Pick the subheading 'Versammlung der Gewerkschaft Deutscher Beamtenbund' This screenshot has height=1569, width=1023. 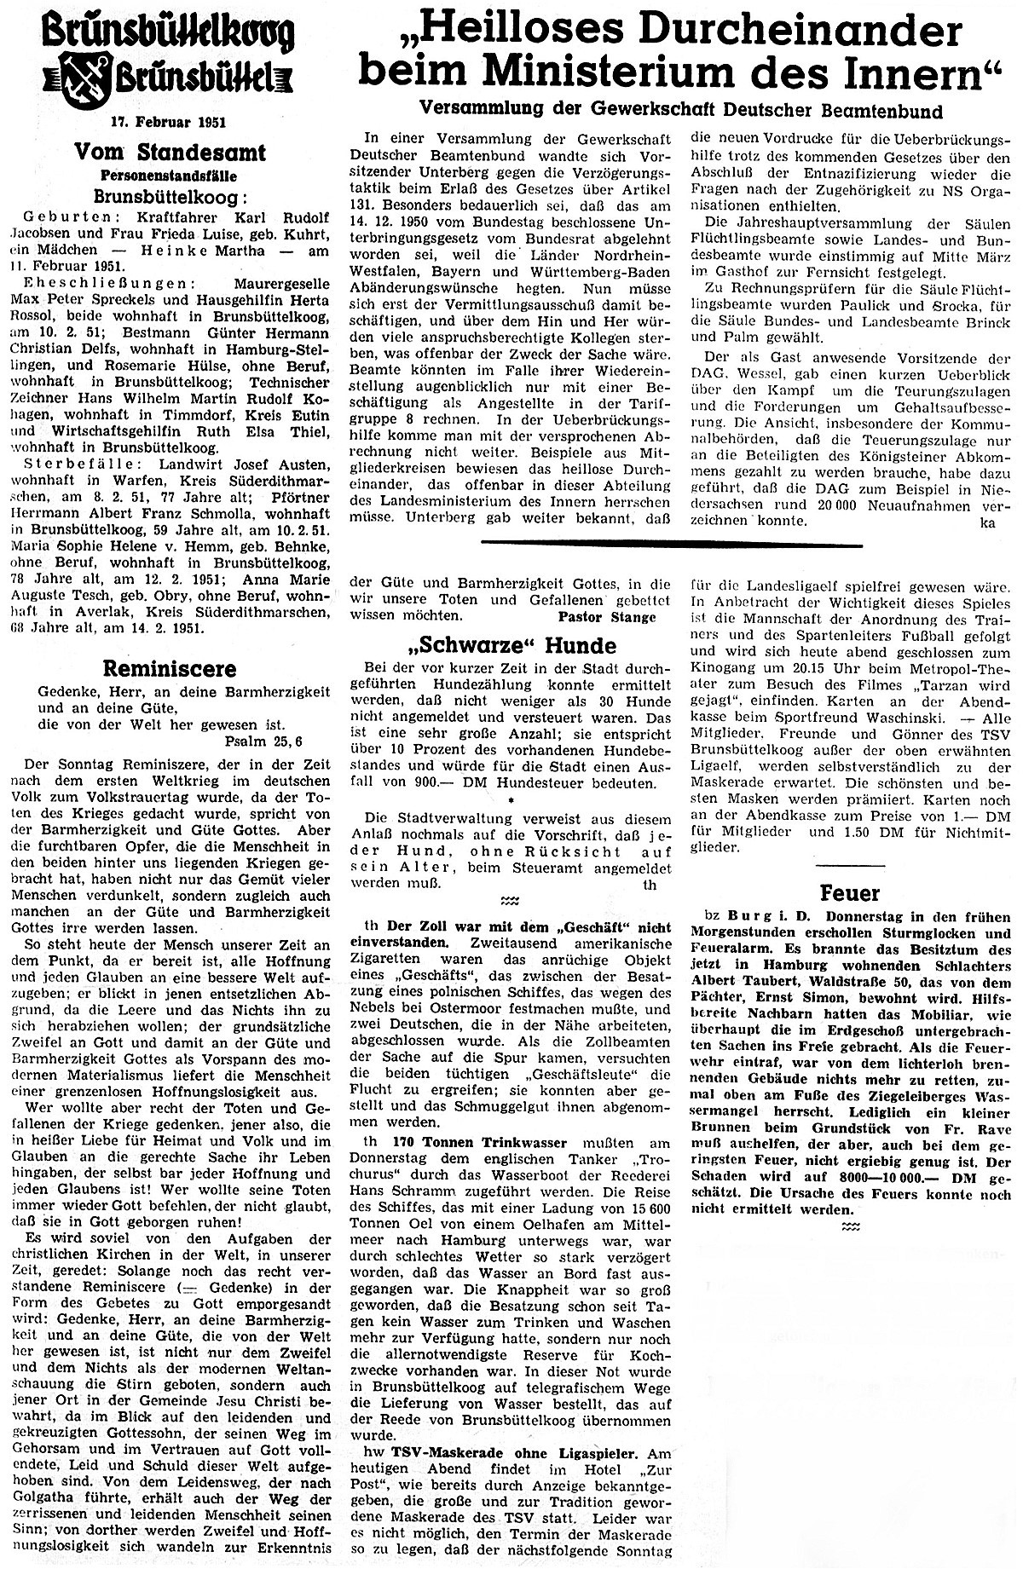(x=680, y=111)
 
